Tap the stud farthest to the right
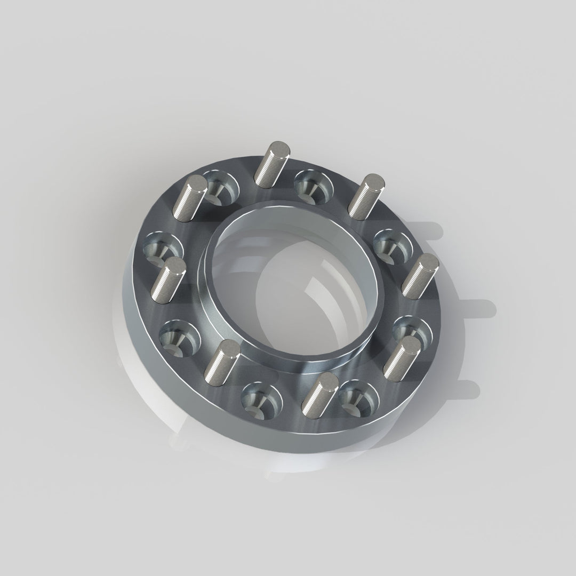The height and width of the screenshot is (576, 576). click(x=420, y=276)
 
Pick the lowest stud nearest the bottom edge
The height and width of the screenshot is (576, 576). click(x=319, y=393)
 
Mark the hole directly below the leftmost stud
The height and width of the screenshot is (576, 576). click(x=179, y=337)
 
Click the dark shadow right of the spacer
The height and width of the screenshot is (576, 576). click(x=469, y=309)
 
